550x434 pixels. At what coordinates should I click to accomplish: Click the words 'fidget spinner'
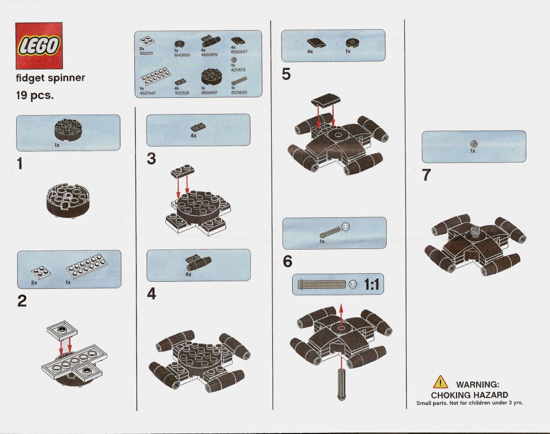(x=50, y=77)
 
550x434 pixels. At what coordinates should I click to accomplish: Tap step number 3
(x=151, y=160)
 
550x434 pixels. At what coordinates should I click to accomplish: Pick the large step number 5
(x=286, y=75)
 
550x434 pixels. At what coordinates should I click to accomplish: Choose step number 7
(x=426, y=176)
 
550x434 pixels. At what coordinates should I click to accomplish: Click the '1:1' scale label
(x=372, y=284)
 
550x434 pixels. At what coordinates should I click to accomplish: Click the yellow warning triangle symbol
(x=440, y=382)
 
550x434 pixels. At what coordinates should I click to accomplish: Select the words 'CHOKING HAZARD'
(x=469, y=395)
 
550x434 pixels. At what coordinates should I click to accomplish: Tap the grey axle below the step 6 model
(x=341, y=379)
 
